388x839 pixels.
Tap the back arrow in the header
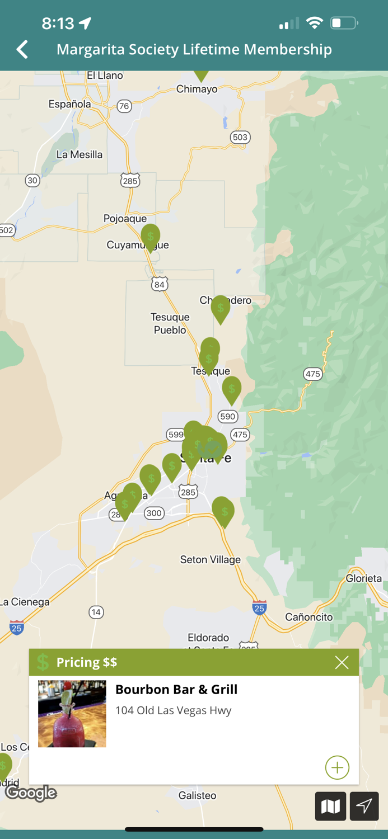22,49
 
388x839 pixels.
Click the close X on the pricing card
342,662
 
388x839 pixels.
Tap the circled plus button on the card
337,767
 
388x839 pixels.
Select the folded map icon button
330,806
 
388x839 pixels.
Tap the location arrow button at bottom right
364,806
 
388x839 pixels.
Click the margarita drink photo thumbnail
72,714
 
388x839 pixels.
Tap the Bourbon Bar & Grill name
176,690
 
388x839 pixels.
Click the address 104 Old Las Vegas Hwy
173,710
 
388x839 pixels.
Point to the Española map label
69,104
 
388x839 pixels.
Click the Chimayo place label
197,89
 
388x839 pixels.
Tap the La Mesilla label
79,154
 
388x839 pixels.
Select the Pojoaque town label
125,219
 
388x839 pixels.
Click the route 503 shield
240,137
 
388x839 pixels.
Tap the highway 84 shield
160,284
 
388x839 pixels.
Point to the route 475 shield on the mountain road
313,374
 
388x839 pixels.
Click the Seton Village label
210,559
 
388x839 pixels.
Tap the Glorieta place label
363,578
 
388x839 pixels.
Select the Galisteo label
197,795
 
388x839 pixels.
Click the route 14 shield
96,612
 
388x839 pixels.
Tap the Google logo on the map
31,793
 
